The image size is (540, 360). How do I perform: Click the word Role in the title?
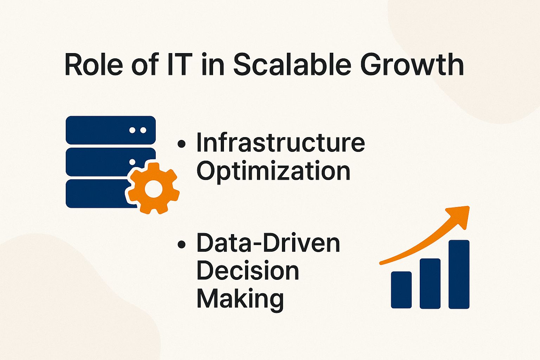94,64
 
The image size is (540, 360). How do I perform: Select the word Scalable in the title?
292,64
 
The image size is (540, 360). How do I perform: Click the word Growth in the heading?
412,64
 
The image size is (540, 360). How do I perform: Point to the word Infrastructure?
281,142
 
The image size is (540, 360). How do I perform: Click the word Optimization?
274,171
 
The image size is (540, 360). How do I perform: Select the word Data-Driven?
268,243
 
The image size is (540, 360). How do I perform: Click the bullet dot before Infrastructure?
181,144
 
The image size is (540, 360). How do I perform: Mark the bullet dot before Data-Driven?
181,244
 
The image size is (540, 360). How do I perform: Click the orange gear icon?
154,188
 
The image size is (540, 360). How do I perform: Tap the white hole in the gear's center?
154,189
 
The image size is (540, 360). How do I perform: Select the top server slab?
111,130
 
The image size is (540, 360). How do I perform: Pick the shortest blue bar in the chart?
401,290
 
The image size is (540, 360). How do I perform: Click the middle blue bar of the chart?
430,284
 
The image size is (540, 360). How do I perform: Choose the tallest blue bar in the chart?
459,275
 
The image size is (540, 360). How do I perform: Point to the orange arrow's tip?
469,207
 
